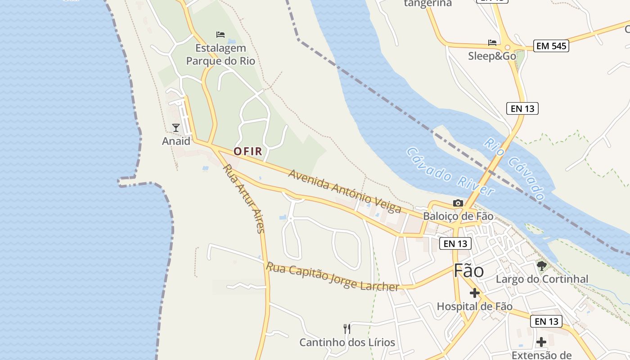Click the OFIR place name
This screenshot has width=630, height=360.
pos(248,151)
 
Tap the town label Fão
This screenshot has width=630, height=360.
pos(468,270)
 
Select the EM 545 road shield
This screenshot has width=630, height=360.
pos(551,45)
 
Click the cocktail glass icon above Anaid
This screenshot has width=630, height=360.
pos(176,128)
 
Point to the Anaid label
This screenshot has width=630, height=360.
pos(176,141)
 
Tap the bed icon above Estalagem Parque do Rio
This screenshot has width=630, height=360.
pos(220,34)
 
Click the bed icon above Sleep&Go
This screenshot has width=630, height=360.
pos(492,43)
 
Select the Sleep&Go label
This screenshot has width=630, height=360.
pos(492,56)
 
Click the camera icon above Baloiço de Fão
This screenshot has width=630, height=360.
pos(458,203)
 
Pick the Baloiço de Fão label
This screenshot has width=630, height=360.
pos(458,216)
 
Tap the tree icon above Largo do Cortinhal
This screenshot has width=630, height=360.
pos(542,265)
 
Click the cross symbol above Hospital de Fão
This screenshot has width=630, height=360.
pos(474,293)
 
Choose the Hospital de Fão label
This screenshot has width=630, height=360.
pos(474,306)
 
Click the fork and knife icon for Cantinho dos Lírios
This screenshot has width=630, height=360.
pos(347,329)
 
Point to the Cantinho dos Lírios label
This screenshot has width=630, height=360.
pos(347,342)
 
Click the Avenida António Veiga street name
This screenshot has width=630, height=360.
pos(345,191)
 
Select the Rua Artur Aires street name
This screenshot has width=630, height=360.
pos(243,198)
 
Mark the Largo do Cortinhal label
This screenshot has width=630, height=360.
pos(542,279)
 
